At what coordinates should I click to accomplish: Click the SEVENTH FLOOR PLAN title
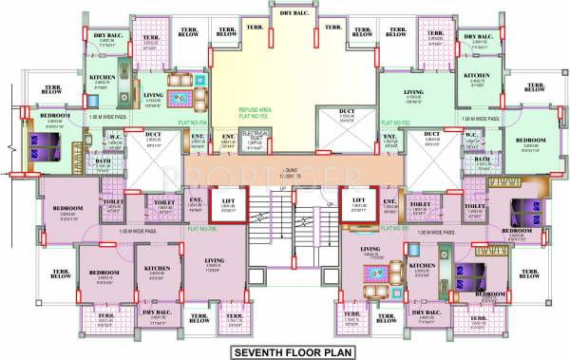pos(285,351)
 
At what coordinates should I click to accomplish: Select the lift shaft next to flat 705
pos(228,207)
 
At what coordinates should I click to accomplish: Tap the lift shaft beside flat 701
pos(357,207)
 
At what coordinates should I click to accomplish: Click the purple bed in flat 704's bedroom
pos(46,145)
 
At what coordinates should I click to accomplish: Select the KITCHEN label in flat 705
pos(158,269)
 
